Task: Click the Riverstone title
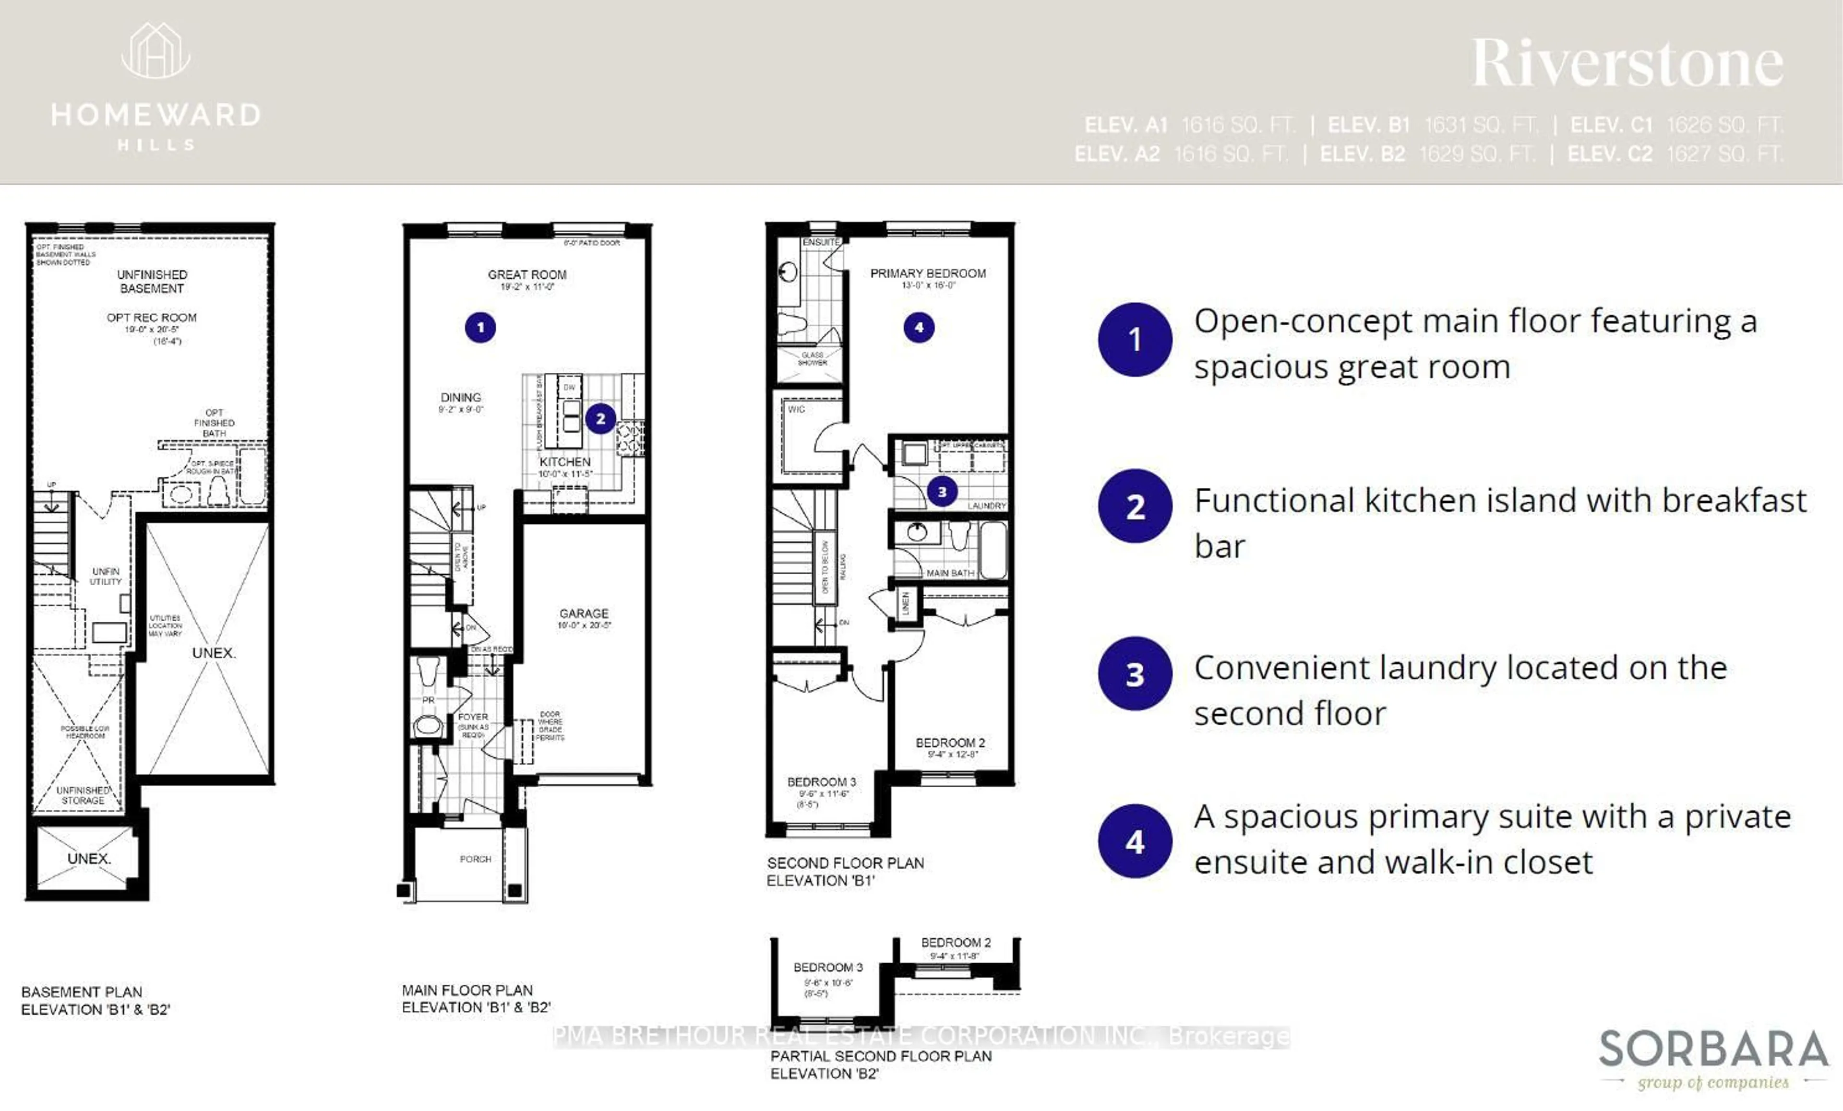pos(1628,63)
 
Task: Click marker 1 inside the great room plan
pos(480,328)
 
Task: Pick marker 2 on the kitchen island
pos(600,419)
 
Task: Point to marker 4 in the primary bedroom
pos(919,328)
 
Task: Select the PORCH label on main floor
pos(475,859)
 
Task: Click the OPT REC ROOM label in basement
pos(152,318)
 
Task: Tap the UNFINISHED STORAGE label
pos(83,795)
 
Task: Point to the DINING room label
pos(461,397)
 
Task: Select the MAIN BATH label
pos(950,573)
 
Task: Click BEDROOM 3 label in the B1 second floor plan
pos(821,781)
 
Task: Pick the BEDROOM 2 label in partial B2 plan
pos(956,942)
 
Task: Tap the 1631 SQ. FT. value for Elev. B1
pos(1481,124)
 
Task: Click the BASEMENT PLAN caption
pos(82,992)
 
